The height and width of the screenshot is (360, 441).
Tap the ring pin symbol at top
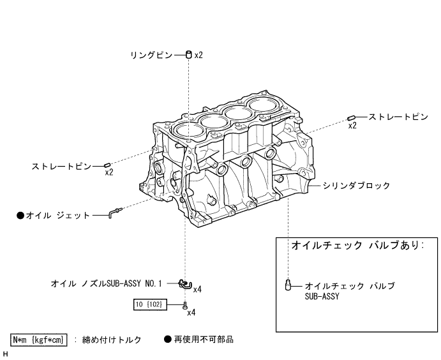pyautogui.click(x=189, y=55)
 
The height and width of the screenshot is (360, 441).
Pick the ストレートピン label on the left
pyautogui.click(x=61, y=167)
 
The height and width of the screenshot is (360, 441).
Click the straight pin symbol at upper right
pyautogui.click(x=352, y=117)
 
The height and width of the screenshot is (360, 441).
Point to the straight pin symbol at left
pyautogui.click(x=108, y=165)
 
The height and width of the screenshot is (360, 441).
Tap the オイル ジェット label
pyautogui.click(x=58, y=216)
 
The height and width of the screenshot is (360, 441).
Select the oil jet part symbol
pyautogui.click(x=114, y=212)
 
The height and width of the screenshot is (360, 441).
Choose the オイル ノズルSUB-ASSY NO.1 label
pyautogui.click(x=107, y=281)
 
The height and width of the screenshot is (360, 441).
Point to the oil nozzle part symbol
pyautogui.click(x=184, y=283)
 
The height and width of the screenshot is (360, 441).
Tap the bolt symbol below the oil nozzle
pyautogui.click(x=185, y=305)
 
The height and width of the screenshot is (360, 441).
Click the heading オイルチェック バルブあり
pyautogui.click(x=357, y=246)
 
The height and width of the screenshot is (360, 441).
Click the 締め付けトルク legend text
pyautogui.click(x=112, y=340)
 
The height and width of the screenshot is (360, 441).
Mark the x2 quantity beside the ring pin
pyautogui.click(x=198, y=56)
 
